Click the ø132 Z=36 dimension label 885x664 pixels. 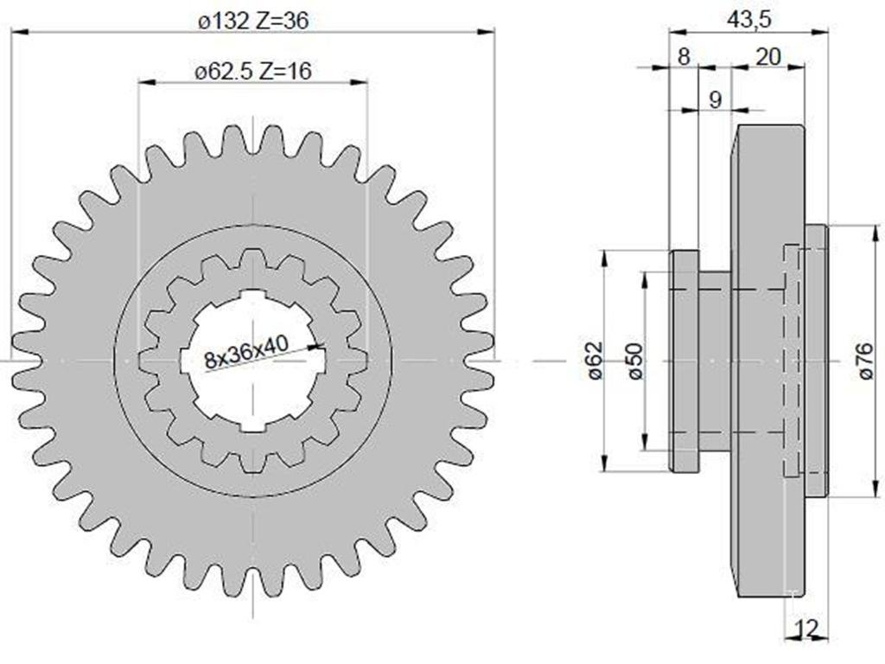[253, 22]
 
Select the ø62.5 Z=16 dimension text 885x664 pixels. [253, 72]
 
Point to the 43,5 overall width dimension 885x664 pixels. [748, 20]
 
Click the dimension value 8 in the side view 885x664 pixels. [684, 56]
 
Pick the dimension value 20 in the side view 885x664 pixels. [768, 56]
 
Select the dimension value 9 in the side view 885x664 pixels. [715, 99]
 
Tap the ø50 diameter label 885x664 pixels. [634, 361]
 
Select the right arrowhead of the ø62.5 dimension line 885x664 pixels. [360, 82]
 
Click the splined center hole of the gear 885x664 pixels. [253, 361]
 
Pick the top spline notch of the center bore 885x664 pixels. [253, 294]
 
